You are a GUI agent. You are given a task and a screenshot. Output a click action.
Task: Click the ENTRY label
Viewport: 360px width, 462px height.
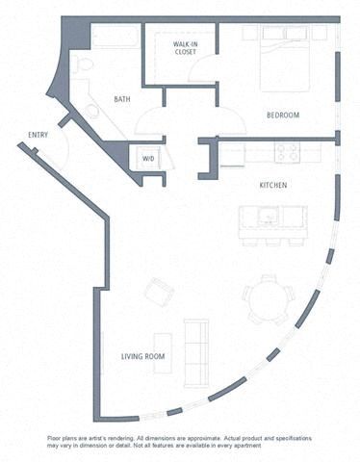tap(39, 135)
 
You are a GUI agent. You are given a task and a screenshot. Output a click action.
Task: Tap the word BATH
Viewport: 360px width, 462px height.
tap(122, 99)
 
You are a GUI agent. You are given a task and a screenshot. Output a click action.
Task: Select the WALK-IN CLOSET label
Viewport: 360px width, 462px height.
tap(186, 48)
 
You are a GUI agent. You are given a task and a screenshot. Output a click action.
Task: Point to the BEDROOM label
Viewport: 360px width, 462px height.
tap(283, 115)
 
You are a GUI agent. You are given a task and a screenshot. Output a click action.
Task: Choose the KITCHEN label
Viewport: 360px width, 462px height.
tap(274, 184)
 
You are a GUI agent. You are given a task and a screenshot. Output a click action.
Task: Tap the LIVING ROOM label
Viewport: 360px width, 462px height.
tap(142, 356)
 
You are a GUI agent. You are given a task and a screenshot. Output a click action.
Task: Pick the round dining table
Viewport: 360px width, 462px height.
tap(267, 301)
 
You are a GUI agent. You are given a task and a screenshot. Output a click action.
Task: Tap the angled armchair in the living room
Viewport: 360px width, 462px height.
tap(160, 291)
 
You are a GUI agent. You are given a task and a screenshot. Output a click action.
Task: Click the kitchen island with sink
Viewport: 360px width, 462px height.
tap(273, 222)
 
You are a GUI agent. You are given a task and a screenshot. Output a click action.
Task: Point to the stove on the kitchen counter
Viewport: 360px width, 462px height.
tap(287, 152)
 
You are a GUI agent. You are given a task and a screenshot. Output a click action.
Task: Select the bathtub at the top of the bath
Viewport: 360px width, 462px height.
tap(116, 38)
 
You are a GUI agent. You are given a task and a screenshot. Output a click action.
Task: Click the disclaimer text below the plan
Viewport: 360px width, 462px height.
tap(179, 442)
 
